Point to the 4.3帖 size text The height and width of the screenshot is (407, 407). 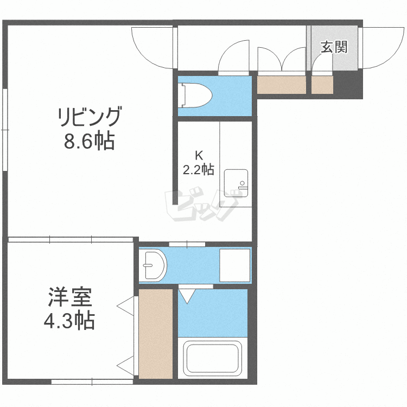click(x=69, y=322)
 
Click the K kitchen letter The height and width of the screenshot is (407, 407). click(x=199, y=154)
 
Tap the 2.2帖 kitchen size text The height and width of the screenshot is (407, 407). click(x=198, y=169)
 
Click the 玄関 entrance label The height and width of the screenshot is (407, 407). click(x=333, y=47)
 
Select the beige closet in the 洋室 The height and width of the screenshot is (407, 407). click(x=155, y=334)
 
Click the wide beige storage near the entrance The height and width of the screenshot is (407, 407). click(x=281, y=85)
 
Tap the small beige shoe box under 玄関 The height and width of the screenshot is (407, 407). click(x=322, y=85)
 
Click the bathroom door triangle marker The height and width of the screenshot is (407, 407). click(x=188, y=296)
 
